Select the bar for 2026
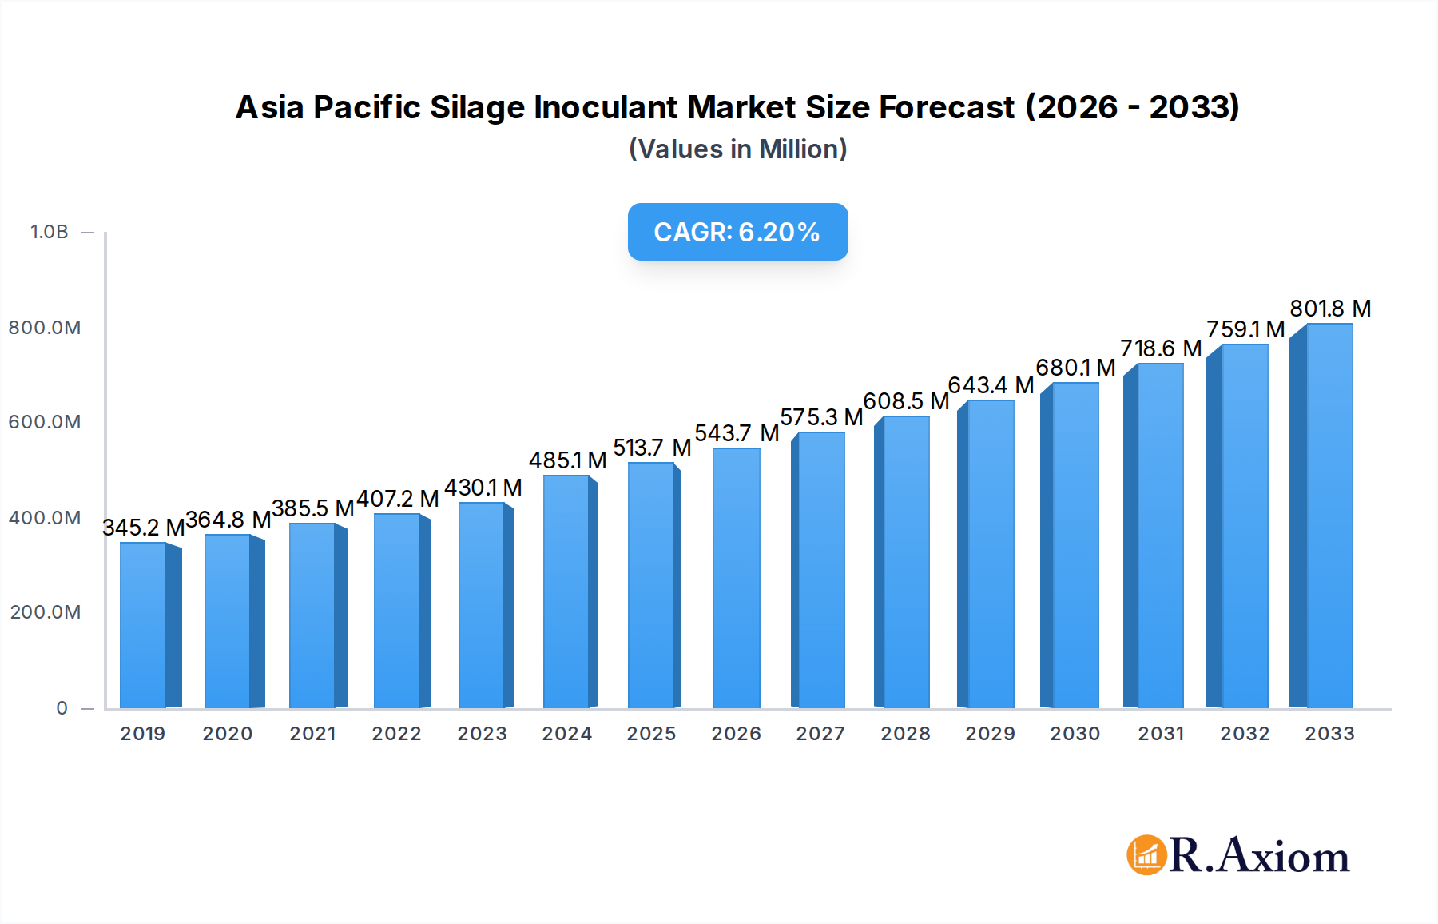point(736,579)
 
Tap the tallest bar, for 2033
point(1329,516)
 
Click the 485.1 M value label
point(567,460)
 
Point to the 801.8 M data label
point(1330,309)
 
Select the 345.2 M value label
point(144,528)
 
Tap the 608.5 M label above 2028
point(906,401)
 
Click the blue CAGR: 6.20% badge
point(737,232)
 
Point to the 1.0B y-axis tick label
point(49,232)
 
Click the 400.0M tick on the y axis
point(45,518)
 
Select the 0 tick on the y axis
point(62,708)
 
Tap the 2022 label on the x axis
point(396,734)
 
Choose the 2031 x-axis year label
point(1160,734)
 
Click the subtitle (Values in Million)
point(737,149)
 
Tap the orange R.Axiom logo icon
point(1146,855)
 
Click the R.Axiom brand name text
point(1259,856)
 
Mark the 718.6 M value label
point(1160,348)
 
